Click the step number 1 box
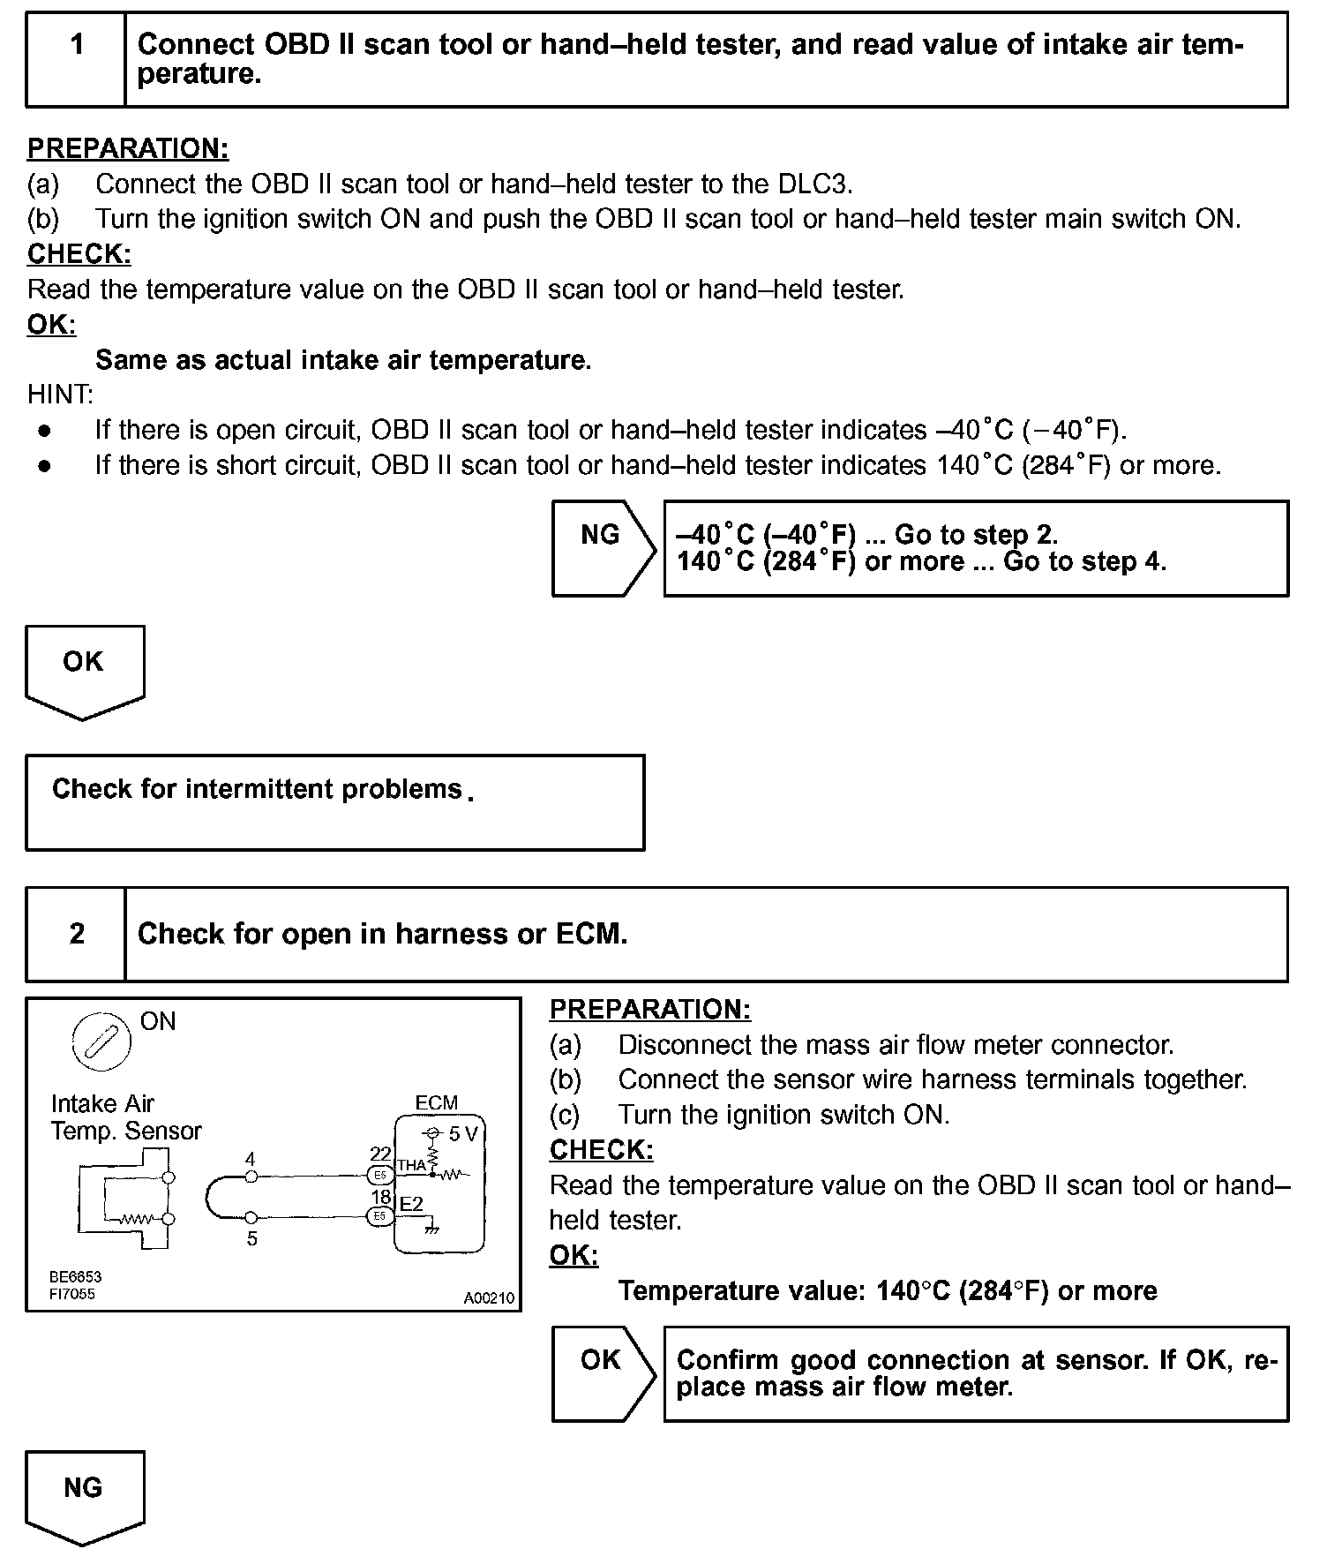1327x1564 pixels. [x=76, y=59]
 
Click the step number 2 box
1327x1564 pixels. [x=76, y=934]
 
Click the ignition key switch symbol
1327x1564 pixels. [x=101, y=1041]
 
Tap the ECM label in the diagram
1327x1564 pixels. [x=436, y=1102]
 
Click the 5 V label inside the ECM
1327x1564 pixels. [x=461, y=1134]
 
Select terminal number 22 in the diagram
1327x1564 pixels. [x=379, y=1154]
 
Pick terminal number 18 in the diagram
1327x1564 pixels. [x=380, y=1197]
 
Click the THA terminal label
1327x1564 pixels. [x=411, y=1165]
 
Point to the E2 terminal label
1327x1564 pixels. [x=411, y=1204]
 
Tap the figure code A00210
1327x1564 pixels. [x=489, y=1298]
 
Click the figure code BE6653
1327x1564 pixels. [x=75, y=1277]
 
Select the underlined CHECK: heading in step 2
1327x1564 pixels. [x=601, y=1150]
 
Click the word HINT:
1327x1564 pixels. [x=60, y=395]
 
